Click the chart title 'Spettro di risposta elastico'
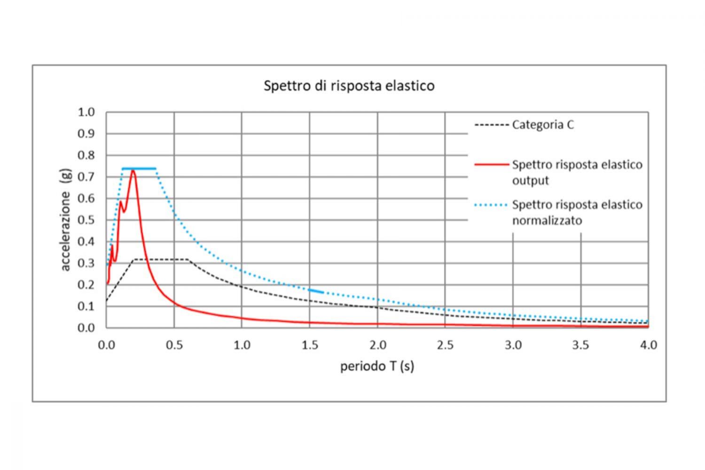click(x=349, y=86)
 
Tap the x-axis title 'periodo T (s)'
click(x=377, y=366)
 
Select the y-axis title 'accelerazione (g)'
click(x=65, y=220)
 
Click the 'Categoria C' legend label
click(x=543, y=125)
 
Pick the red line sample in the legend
click(x=491, y=165)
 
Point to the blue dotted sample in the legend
click(x=491, y=205)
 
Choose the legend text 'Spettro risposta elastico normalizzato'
click(x=577, y=212)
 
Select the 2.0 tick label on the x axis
click(x=377, y=345)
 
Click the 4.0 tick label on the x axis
click(x=648, y=345)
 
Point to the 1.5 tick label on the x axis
click(x=310, y=345)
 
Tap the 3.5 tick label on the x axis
click(x=580, y=345)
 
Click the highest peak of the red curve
click(x=133, y=171)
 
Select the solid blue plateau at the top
click(x=139, y=168)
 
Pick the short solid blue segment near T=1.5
click(x=316, y=291)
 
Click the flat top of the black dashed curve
click(x=161, y=259)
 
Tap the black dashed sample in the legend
click(x=491, y=125)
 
